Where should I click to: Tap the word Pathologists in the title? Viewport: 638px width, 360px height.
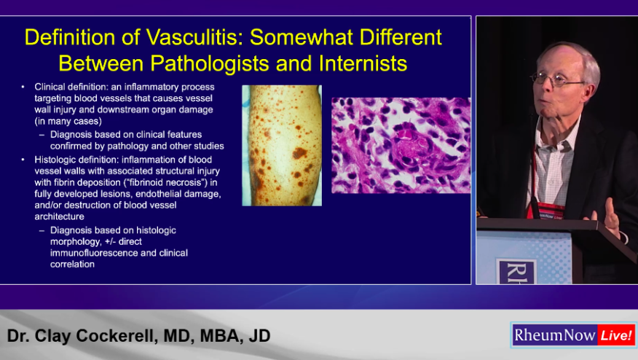(x=210, y=63)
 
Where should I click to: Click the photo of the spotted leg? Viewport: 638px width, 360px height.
(x=282, y=146)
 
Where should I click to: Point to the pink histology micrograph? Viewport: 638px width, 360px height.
(x=401, y=146)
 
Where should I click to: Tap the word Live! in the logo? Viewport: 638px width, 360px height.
(x=616, y=335)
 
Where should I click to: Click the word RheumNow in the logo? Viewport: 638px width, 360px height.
(x=554, y=335)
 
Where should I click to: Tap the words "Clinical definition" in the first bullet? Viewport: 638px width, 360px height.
(x=71, y=87)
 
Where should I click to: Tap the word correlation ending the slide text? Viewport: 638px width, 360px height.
(x=72, y=265)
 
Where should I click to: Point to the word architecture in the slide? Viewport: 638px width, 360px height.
(x=60, y=216)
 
